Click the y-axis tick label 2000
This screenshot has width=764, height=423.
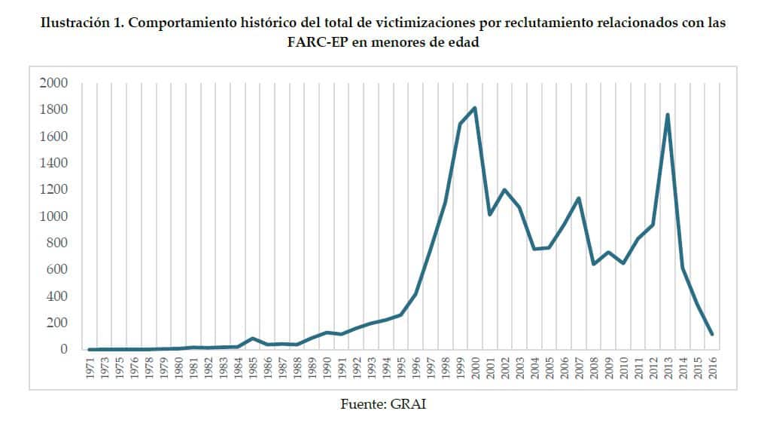point(53,82)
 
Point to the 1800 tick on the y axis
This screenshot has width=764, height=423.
point(53,109)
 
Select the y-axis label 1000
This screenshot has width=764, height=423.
point(53,216)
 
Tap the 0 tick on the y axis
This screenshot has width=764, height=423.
point(64,350)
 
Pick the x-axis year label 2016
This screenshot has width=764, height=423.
point(711,369)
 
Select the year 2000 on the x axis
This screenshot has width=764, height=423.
point(475,369)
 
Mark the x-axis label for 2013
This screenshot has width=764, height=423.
point(668,369)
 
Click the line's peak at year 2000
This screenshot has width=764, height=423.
point(475,108)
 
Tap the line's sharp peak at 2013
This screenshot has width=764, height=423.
point(668,115)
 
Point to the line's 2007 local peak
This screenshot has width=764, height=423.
point(578,198)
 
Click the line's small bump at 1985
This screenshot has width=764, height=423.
point(253,338)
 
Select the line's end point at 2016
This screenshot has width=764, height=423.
point(711,334)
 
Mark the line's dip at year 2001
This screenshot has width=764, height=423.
point(489,215)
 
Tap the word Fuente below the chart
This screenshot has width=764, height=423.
point(364,403)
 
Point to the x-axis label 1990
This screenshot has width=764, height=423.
point(327,369)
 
